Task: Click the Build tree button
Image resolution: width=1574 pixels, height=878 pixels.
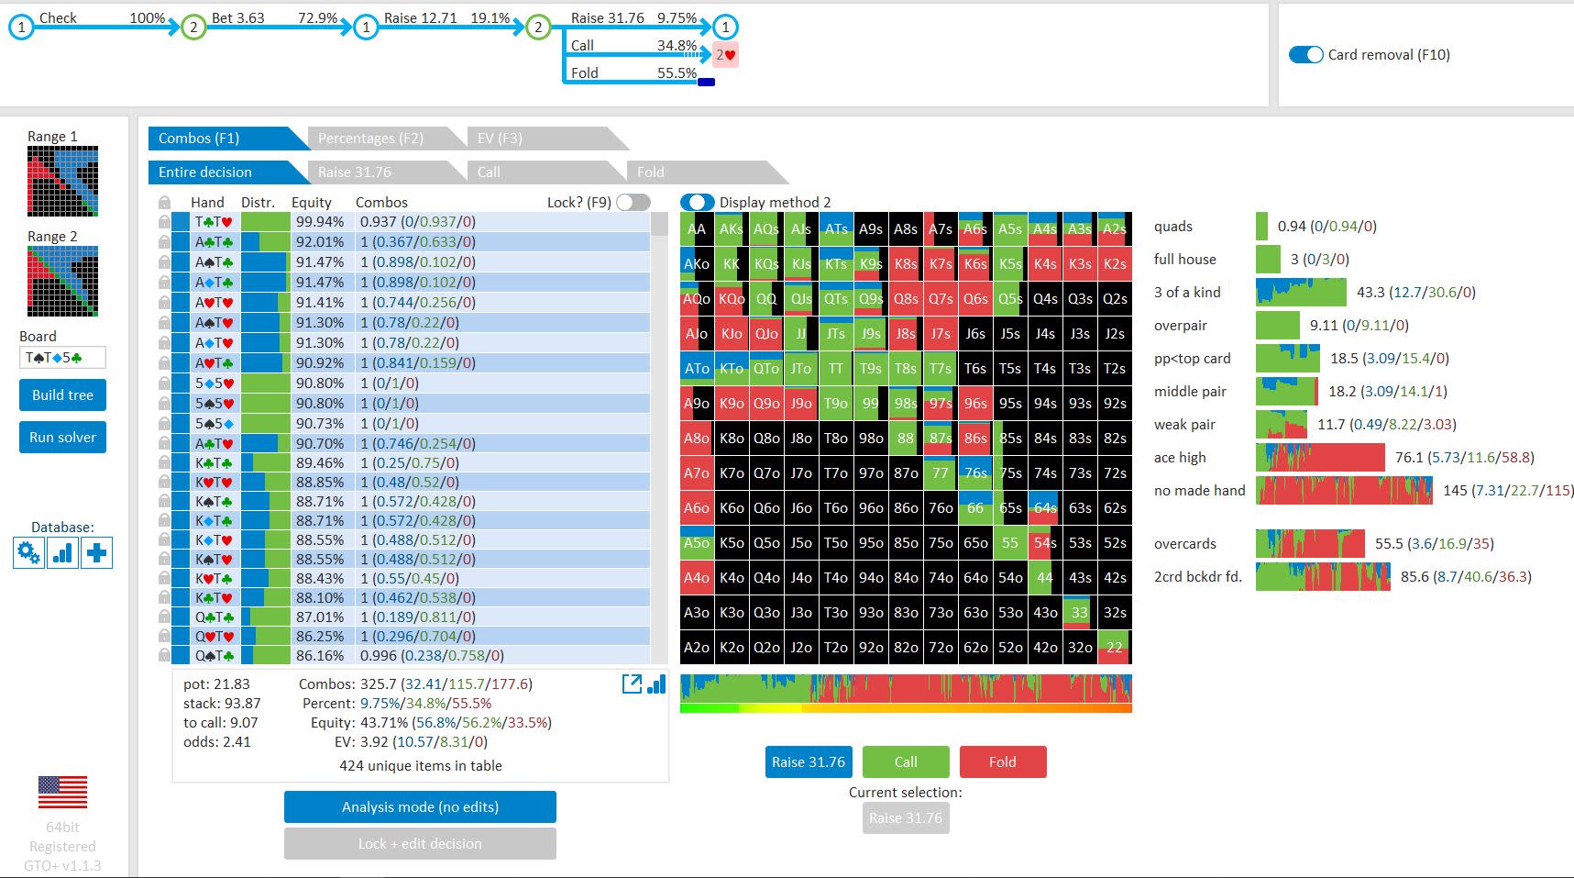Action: pyautogui.click(x=62, y=395)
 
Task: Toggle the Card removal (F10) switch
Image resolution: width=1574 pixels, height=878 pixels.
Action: pyautogui.click(x=1305, y=55)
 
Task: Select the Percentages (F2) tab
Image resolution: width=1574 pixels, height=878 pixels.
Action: pyautogui.click(x=370, y=139)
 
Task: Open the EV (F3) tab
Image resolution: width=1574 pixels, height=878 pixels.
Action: pyautogui.click(x=500, y=139)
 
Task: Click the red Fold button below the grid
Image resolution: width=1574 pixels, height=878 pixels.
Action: pyautogui.click(x=1002, y=761)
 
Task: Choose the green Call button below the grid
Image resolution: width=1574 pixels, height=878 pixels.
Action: pyautogui.click(x=906, y=761)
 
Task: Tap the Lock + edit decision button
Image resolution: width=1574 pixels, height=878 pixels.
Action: pyautogui.click(x=420, y=844)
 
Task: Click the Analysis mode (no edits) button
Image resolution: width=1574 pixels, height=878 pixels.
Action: pyautogui.click(x=420, y=807)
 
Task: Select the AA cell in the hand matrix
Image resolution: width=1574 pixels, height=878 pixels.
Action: pyautogui.click(x=697, y=229)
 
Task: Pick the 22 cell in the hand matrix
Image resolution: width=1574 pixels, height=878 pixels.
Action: pyautogui.click(x=1115, y=647)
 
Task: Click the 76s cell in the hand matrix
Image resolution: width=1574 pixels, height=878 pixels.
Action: pyautogui.click(x=975, y=472)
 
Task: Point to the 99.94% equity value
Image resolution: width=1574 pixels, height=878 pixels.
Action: pyautogui.click(x=320, y=222)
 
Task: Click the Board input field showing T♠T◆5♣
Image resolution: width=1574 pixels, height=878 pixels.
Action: pyautogui.click(x=62, y=357)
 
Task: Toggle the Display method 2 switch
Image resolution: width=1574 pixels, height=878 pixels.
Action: pyautogui.click(x=698, y=202)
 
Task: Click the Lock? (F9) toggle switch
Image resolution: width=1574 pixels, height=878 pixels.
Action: pyautogui.click(x=633, y=202)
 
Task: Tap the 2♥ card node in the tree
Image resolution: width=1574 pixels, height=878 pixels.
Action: pyautogui.click(x=726, y=55)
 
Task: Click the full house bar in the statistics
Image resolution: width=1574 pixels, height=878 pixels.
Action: pyautogui.click(x=1268, y=259)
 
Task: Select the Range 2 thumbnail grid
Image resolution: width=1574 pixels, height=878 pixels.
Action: pyautogui.click(x=62, y=281)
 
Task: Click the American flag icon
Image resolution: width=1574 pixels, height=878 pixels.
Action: pyautogui.click(x=62, y=792)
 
